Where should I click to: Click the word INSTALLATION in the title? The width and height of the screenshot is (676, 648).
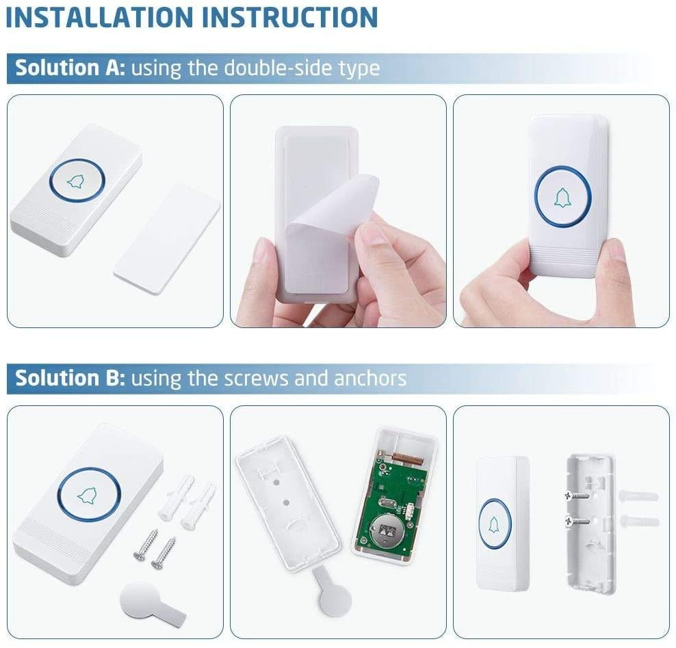pos(99,18)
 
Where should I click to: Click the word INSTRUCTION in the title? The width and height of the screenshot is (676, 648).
pos(289,18)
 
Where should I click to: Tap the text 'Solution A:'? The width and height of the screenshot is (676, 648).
pos(70,68)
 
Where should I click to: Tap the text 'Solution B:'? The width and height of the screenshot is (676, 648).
pos(70,378)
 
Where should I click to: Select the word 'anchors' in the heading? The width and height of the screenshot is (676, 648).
pos(370,378)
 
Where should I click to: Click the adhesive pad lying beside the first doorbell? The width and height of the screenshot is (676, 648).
pos(167,239)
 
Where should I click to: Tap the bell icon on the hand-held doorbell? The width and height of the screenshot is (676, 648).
pos(562,198)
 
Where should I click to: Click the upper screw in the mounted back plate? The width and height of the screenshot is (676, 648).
pos(576,496)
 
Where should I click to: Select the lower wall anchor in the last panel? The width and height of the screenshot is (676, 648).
pos(640,522)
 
